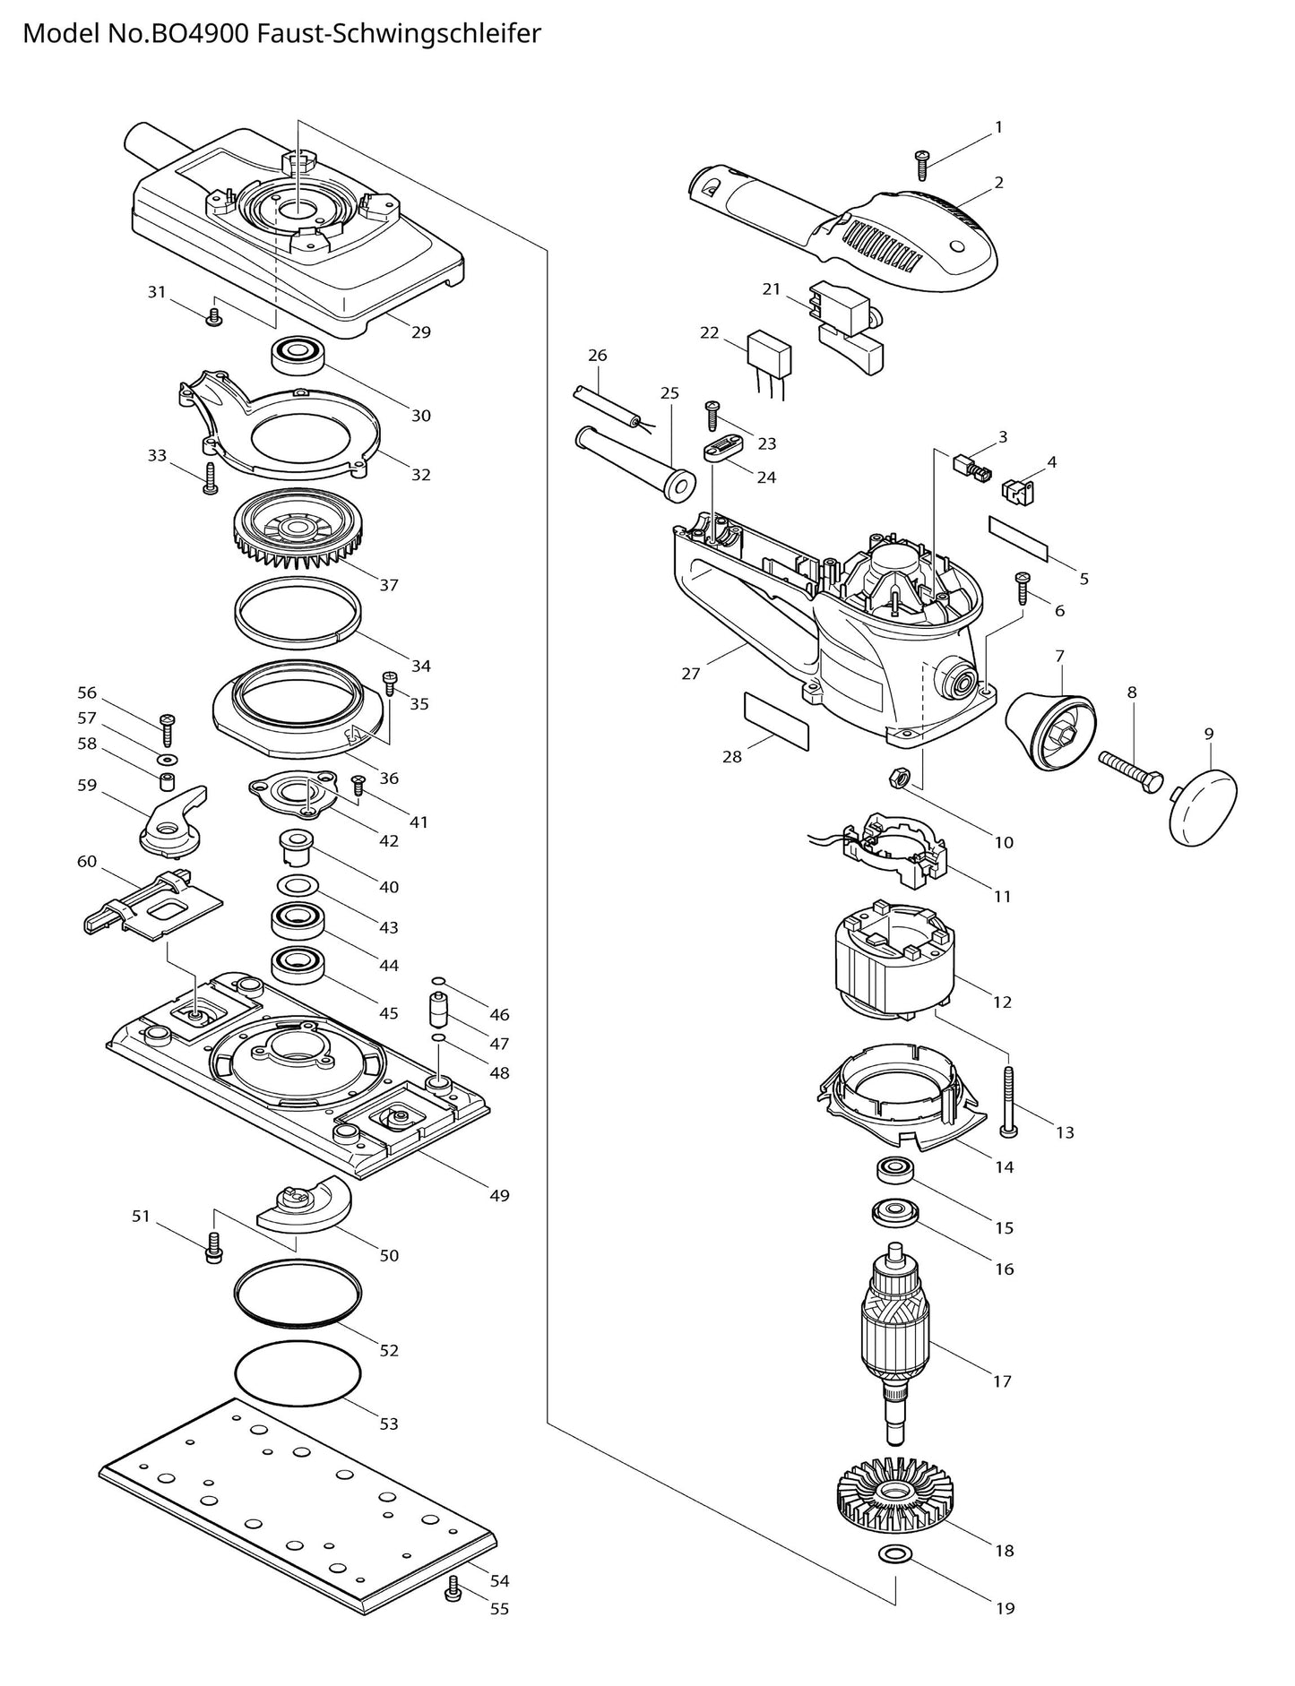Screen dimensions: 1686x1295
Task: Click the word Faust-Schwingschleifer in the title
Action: click(x=399, y=34)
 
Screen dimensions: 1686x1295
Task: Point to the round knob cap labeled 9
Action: click(x=1203, y=805)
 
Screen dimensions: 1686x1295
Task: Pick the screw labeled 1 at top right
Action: click(x=921, y=163)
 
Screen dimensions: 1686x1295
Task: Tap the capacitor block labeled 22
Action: click(x=770, y=353)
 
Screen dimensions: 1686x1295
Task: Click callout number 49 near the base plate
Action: click(x=499, y=1195)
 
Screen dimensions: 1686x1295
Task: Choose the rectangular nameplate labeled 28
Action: click(x=776, y=719)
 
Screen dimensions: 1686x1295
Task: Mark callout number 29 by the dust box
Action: click(x=421, y=332)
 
